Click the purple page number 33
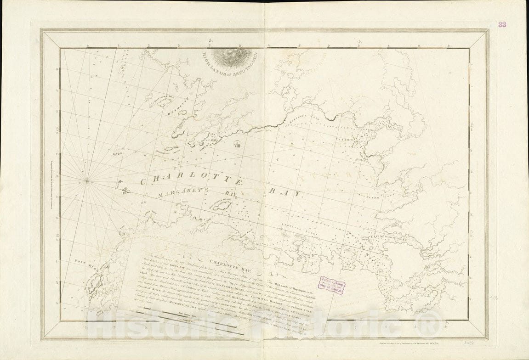(502, 24)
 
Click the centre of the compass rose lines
(86, 180)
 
